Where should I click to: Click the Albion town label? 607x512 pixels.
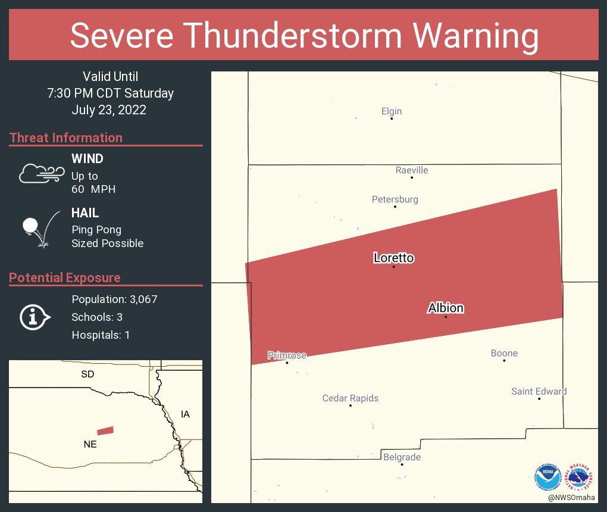[446, 308]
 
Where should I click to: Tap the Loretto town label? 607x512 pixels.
[393, 258]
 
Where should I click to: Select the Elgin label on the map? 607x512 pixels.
[392, 111]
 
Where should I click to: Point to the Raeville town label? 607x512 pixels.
[412, 170]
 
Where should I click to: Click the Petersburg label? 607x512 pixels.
[395, 199]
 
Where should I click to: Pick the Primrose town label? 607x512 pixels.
[287, 355]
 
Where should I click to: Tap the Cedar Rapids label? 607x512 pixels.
[351, 398]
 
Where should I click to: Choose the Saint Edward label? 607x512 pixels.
[539, 391]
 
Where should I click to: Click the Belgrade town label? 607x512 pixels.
[402, 457]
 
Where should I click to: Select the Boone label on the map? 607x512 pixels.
[504, 353]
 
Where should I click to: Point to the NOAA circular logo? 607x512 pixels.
[547, 477]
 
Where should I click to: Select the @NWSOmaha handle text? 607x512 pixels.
[572, 497]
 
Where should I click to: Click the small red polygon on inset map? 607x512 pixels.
[105, 430]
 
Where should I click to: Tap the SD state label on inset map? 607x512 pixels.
[87, 374]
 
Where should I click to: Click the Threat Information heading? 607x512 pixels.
[66, 138]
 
